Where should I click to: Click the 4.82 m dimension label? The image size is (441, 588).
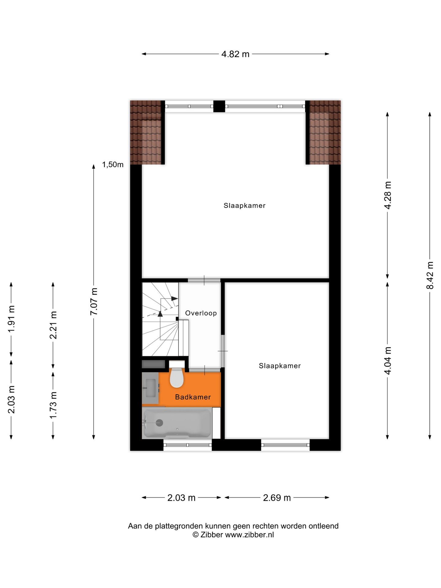click(x=235, y=54)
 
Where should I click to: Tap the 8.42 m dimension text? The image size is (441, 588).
click(x=430, y=275)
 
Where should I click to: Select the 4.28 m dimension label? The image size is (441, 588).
click(x=388, y=195)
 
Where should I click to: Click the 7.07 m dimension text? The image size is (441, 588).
click(x=94, y=301)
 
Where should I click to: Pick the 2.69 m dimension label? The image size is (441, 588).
click(x=277, y=498)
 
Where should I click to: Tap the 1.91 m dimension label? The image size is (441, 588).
click(x=11, y=318)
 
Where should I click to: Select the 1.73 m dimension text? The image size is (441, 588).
click(x=53, y=405)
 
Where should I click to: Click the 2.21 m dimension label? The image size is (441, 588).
click(x=53, y=325)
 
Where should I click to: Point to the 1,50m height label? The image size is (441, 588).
click(x=113, y=165)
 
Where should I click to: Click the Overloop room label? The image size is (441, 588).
click(x=201, y=313)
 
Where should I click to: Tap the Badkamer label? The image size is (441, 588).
click(x=193, y=397)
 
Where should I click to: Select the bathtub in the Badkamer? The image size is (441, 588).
click(x=177, y=423)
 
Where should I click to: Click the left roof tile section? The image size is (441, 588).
click(x=145, y=132)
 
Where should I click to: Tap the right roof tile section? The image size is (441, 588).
click(x=325, y=132)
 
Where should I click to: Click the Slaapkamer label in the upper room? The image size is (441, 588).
click(x=244, y=205)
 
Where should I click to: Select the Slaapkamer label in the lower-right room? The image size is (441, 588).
click(x=280, y=366)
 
